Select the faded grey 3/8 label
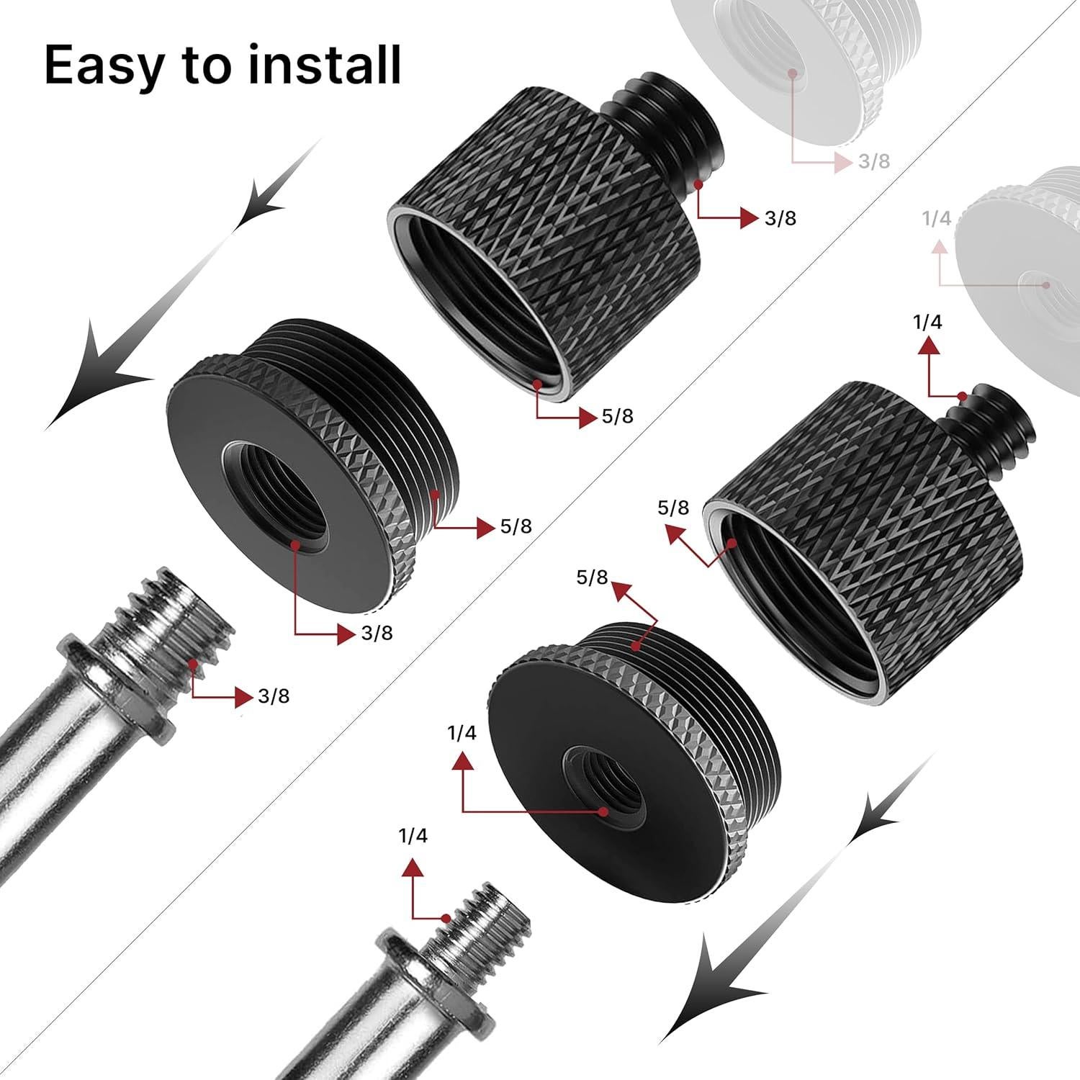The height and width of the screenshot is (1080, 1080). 874,161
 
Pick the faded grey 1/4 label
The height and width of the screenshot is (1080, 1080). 936,219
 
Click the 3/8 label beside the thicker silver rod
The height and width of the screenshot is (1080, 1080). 274,696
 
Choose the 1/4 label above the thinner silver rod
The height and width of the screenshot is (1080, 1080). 413,836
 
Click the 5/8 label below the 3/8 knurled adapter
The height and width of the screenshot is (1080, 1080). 618,416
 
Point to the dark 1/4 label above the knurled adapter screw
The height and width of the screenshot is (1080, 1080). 927,322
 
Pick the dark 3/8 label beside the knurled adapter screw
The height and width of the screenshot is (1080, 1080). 780,218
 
